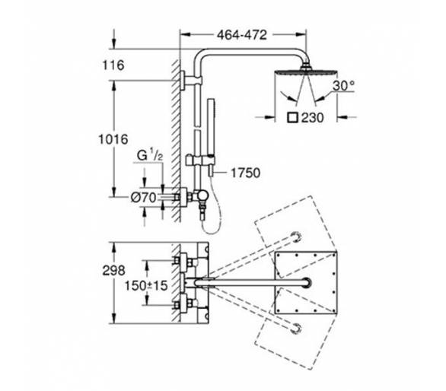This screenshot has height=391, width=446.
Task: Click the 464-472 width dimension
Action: click(242, 35)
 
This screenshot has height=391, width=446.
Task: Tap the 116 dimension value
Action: click(113, 65)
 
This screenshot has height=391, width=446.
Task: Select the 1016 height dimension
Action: click(113, 139)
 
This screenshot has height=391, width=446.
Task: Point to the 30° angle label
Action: click(344, 85)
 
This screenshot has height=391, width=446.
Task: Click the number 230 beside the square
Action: click(312, 117)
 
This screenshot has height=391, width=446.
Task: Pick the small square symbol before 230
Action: click(293, 117)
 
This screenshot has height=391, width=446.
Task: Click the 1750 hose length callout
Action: click(246, 173)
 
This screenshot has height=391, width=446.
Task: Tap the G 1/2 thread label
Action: click(150, 155)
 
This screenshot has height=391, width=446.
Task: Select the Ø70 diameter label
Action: click(144, 197)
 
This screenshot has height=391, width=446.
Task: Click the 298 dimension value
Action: click(113, 270)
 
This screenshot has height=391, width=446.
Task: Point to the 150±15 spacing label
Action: click(146, 286)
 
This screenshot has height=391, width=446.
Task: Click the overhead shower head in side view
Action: click(306, 71)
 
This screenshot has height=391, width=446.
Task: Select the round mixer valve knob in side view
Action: click(202, 195)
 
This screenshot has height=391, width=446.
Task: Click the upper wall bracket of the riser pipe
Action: click(183, 81)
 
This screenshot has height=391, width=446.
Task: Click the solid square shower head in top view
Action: click(306, 283)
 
